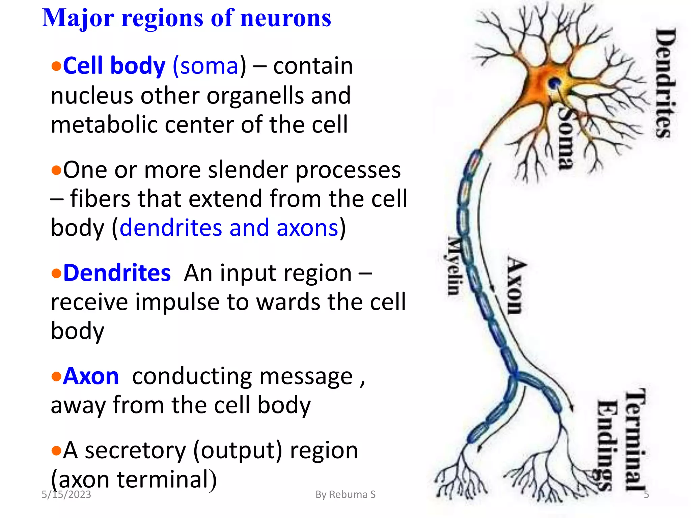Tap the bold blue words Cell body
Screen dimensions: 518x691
(114, 65)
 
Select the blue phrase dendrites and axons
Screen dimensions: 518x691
(229, 228)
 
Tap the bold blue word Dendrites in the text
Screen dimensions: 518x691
(117, 273)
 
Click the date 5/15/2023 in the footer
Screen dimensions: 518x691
(66, 494)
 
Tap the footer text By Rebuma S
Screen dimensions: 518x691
(345, 494)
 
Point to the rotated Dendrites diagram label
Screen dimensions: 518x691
(666, 83)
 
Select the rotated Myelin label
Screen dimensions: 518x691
(454, 266)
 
